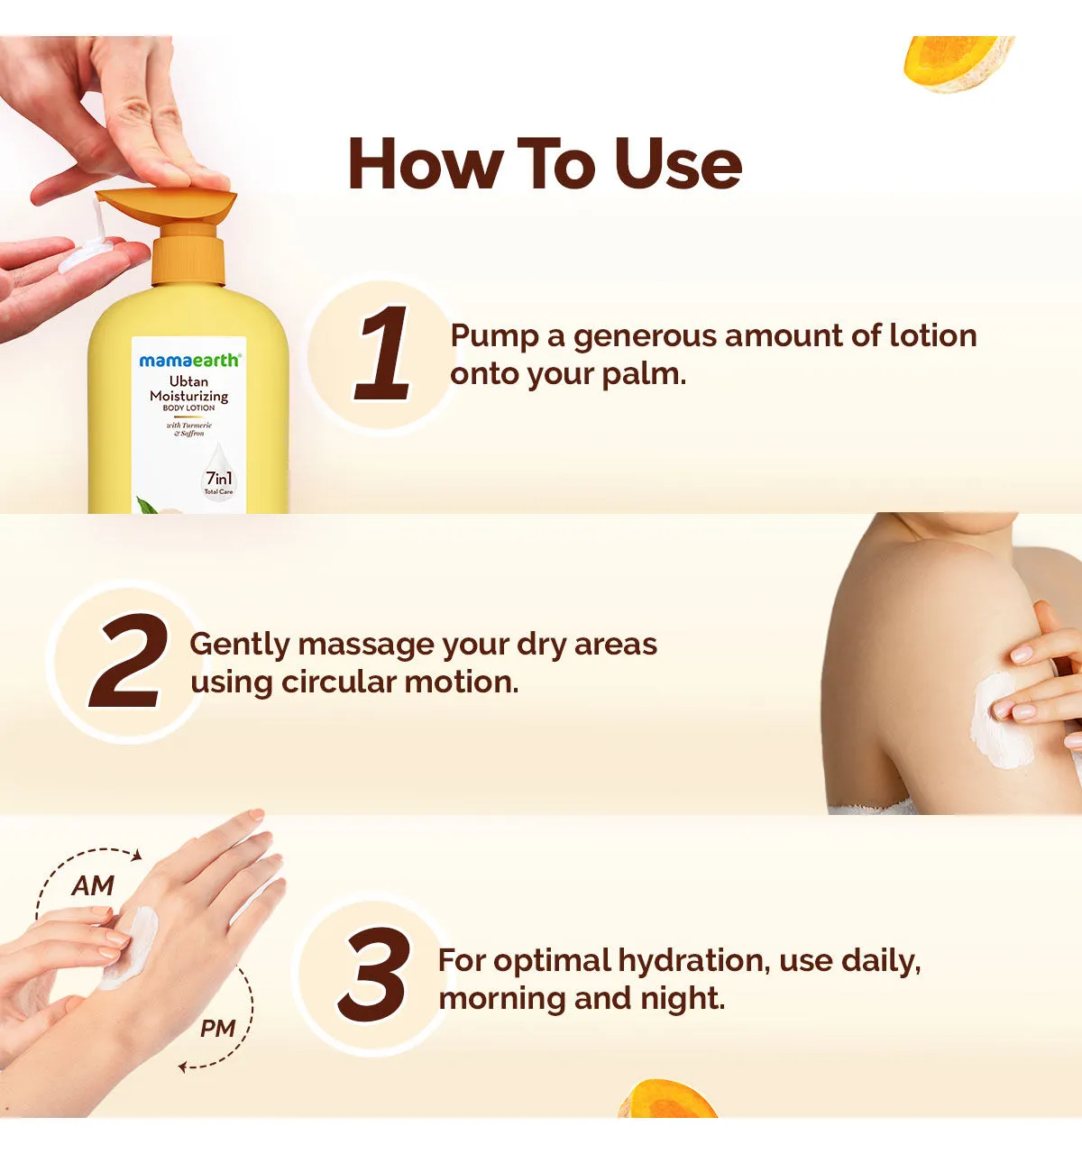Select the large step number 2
129,660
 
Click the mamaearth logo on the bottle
189,361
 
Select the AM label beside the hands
93,886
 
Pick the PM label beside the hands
217,1029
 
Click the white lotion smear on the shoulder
999,721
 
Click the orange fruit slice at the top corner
958,63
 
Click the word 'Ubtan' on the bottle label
188,381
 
